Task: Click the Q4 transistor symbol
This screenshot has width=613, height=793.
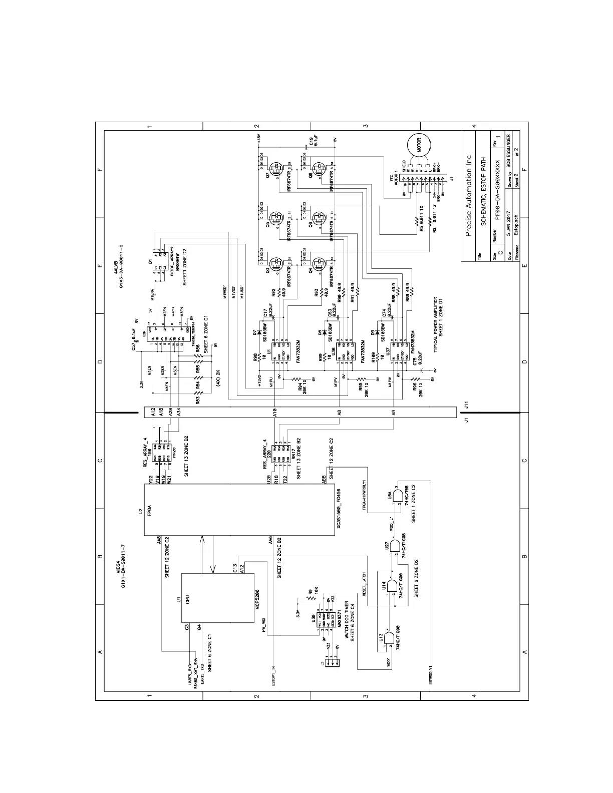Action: (318, 263)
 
